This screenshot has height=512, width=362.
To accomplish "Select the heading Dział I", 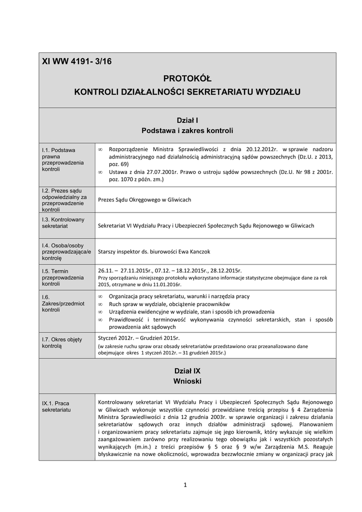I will (187, 120).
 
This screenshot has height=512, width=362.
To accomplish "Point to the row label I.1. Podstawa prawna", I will (59, 159).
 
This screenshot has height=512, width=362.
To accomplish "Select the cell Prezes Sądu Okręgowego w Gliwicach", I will (144, 199).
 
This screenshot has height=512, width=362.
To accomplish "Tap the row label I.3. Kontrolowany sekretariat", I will (63, 222).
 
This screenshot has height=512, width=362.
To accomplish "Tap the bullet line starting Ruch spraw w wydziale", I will (169, 304).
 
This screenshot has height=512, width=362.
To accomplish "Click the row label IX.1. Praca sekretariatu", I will (56, 406).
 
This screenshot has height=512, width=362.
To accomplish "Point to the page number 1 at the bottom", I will (184, 484).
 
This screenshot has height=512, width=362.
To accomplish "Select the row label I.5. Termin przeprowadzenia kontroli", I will (63, 277).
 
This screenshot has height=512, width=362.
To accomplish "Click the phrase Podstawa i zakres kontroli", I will (187, 131).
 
